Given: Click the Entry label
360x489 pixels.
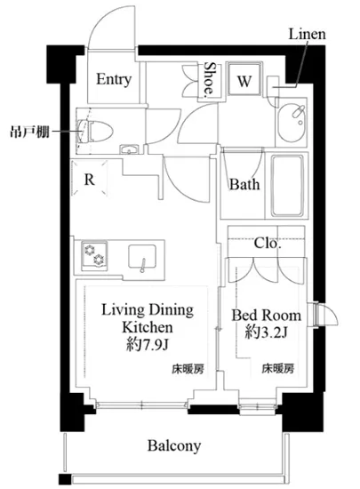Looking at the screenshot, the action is pos(114,79).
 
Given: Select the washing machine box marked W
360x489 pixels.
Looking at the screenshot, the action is pos(244,79).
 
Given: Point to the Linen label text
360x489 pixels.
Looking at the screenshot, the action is pos(307,34).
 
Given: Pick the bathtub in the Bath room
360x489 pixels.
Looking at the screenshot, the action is pos(287,186).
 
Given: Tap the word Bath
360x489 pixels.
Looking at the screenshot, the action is pos(244,184).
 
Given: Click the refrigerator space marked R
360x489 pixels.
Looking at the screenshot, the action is pos(90,179).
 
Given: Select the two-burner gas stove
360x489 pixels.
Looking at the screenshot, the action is pos(94,254).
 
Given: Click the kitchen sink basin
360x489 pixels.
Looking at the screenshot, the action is pos(142,257).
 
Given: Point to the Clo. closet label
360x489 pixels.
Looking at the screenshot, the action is pos(268,243).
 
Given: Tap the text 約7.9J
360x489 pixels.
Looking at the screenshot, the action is pos(148,345).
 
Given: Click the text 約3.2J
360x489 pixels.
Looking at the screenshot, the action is pos(266,333).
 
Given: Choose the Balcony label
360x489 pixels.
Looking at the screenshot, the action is pos(174,446).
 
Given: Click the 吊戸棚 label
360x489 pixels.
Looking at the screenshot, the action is pos(29,132).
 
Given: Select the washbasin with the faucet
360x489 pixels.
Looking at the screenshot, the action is pos(292,123).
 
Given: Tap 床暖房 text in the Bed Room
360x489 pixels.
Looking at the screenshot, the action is pos(277,369).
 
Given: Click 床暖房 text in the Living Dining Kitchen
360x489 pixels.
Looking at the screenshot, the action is pos(188,369).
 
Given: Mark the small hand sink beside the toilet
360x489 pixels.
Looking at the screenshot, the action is pos(129,149).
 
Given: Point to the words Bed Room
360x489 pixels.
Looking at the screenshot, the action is pos(266,316).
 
